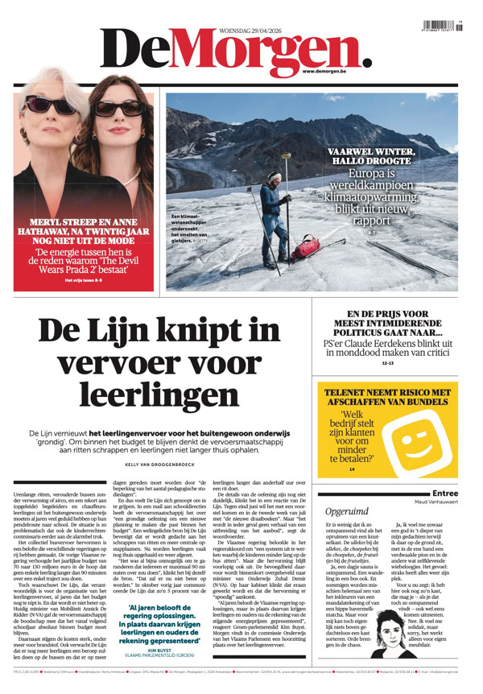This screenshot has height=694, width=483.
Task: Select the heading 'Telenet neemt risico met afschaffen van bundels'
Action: point(388,398)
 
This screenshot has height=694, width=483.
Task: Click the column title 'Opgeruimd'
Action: point(346,510)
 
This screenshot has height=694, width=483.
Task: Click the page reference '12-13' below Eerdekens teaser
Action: point(388,363)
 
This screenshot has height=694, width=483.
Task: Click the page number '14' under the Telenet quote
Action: point(352,469)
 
